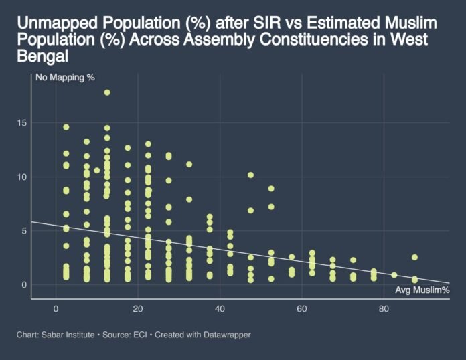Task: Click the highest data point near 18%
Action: point(107,92)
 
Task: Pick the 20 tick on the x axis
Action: point(138,309)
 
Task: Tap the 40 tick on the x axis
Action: point(220,309)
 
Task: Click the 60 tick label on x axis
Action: point(302,309)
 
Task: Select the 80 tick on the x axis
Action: point(384,309)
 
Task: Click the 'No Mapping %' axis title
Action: point(65,78)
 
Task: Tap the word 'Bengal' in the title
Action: point(39,56)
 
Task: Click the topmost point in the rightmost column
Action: point(415,257)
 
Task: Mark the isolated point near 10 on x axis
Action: point(97,170)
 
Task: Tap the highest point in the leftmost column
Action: point(66,127)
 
